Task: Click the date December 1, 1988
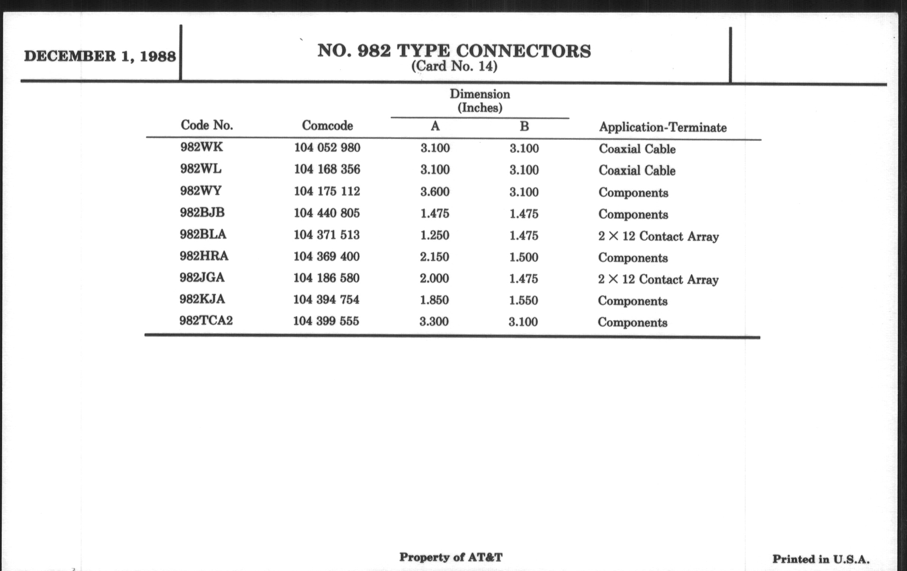point(100,56)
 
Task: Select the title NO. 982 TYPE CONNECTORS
point(454,51)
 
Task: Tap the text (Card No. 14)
point(454,66)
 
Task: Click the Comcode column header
point(327,125)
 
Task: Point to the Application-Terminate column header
point(663,127)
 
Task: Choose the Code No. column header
point(207,125)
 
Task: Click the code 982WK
point(201,147)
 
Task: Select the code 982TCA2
point(206,321)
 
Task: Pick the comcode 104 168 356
point(327,169)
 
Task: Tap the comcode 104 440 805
point(327,213)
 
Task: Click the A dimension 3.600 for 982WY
point(435,191)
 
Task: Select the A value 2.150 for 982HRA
point(434,257)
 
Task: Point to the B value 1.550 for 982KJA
point(523,300)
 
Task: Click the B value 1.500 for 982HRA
point(524,257)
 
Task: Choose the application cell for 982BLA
point(658,236)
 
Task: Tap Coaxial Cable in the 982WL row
point(637,170)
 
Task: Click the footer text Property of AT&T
point(451,557)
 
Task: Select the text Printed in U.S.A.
point(821,559)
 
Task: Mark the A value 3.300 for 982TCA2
point(434,321)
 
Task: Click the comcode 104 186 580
point(326,278)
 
